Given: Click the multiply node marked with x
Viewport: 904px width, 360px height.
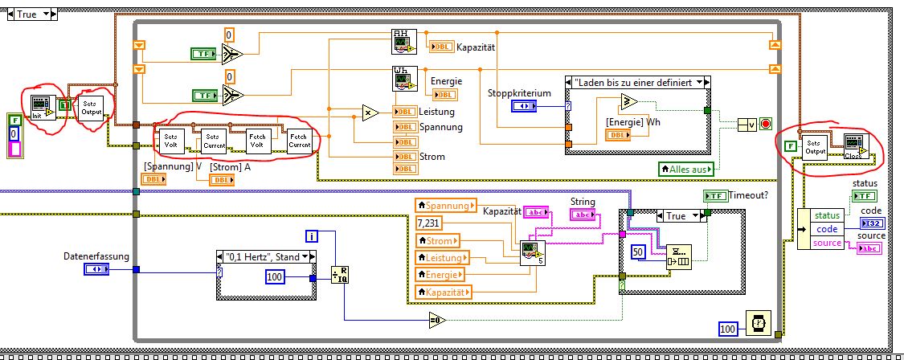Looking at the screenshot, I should [x=370, y=112].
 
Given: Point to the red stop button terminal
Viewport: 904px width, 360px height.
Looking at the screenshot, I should [x=767, y=124].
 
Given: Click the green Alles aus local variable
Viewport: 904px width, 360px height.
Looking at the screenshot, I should [x=685, y=168].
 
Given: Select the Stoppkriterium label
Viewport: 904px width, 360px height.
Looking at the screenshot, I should [x=519, y=93].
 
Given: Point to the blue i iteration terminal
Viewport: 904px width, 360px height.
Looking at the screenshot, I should [x=312, y=235].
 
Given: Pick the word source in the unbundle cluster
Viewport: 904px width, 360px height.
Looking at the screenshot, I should [x=827, y=243].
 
